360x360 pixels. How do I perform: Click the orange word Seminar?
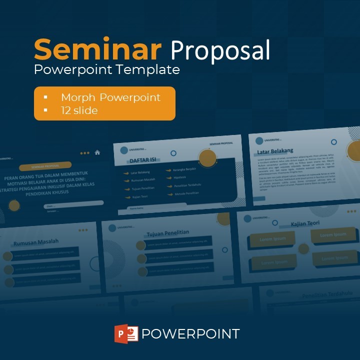tap(97, 49)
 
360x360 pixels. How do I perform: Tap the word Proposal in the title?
tap(220, 50)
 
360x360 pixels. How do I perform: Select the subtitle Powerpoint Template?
tap(106, 69)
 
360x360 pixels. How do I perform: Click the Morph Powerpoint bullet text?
tap(110, 97)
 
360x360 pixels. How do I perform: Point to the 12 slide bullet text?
tap(79, 110)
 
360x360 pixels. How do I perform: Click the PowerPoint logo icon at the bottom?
tap(126, 333)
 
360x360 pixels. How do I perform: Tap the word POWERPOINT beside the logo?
tap(190, 334)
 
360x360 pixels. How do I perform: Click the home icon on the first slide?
tap(97, 152)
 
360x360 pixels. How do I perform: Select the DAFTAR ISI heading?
tap(143, 160)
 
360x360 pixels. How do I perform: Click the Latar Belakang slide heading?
tap(275, 150)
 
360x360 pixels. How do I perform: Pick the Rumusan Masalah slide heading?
tap(35, 242)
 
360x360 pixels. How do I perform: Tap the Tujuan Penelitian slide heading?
tap(167, 233)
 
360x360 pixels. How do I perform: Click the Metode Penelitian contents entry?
tap(187, 193)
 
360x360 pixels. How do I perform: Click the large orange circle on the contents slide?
tap(207, 158)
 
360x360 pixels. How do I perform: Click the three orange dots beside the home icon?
tap(85, 153)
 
